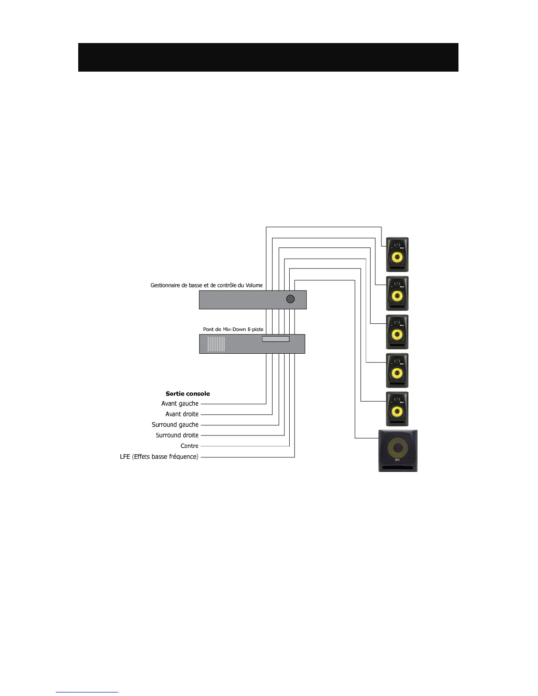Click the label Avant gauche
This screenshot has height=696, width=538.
[x=180, y=403]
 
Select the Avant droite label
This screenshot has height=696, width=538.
[x=182, y=414]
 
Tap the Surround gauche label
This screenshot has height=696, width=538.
[x=175, y=424]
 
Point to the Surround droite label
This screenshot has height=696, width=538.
[x=177, y=435]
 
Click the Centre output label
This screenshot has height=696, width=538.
[x=189, y=446]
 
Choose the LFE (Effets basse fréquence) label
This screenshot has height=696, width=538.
[x=159, y=457]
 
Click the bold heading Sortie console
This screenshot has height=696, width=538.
[x=188, y=394]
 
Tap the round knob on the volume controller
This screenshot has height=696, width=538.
[x=290, y=299]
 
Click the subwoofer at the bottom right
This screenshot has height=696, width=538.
[x=398, y=451]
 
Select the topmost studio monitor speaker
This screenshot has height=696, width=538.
[x=397, y=254]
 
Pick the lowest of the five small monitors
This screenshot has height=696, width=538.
[x=397, y=409]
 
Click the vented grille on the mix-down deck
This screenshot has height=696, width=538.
[x=216, y=344]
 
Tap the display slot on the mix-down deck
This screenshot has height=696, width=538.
[x=276, y=339]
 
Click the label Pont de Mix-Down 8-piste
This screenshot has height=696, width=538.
[x=233, y=329]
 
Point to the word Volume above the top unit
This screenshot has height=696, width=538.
[x=254, y=285]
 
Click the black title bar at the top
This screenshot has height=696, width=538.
[x=268, y=57]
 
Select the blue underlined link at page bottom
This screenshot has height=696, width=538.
[x=87, y=692]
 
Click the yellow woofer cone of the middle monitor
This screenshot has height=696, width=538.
[x=397, y=334]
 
